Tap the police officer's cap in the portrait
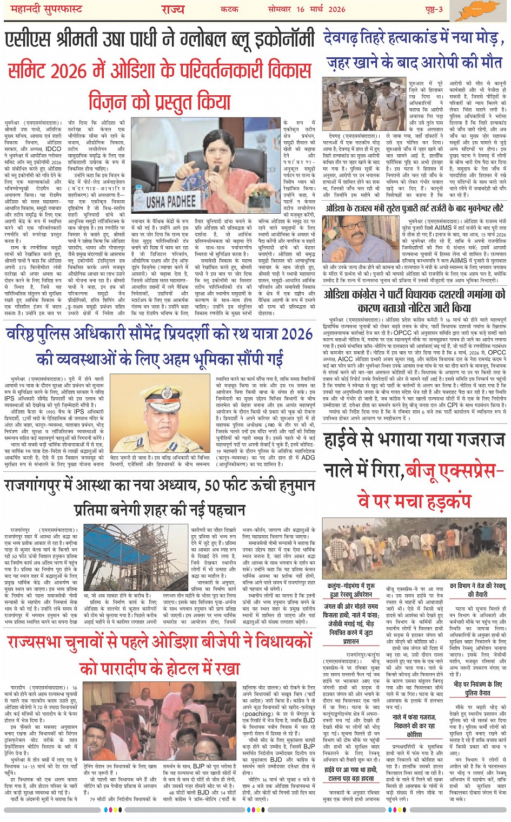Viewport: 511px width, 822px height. point(161,395)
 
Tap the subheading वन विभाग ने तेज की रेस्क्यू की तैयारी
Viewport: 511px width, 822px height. point(477,590)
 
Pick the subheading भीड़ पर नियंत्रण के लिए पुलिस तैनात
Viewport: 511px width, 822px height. point(477,688)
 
